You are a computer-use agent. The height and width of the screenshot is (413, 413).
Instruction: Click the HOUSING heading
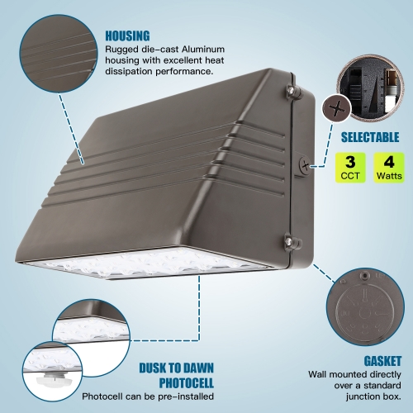click(127, 36)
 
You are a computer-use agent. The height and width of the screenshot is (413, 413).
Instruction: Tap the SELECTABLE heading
click(370, 137)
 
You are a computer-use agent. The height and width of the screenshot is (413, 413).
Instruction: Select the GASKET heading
click(382, 361)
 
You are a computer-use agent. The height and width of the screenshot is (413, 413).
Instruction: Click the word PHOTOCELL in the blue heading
click(187, 382)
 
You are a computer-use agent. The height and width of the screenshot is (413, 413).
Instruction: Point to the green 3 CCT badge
click(350, 168)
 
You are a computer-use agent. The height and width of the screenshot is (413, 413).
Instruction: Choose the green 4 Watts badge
click(389, 168)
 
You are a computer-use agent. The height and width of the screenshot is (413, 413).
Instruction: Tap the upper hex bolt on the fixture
click(291, 90)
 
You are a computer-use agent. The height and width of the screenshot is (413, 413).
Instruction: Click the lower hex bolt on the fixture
click(289, 241)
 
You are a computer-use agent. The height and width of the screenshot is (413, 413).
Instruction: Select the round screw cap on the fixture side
click(305, 166)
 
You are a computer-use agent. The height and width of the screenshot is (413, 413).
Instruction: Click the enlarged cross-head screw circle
click(337, 107)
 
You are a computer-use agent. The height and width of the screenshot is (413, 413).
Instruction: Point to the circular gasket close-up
click(365, 307)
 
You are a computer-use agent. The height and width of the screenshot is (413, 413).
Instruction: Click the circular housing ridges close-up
click(59, 54)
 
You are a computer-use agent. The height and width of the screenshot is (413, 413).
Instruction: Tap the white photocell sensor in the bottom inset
click(54, 379)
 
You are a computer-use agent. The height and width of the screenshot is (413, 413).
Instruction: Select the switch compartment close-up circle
click(370, 88)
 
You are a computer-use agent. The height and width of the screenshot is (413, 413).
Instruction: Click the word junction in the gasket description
click(368, 396)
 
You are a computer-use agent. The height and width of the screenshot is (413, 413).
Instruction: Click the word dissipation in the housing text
click(129, 71)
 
